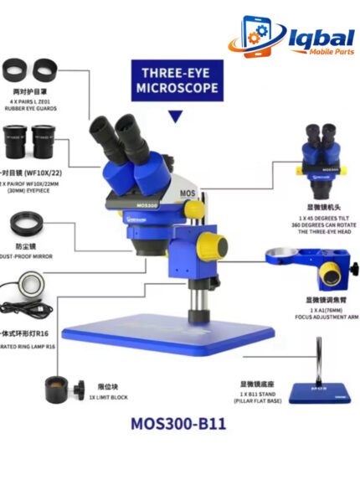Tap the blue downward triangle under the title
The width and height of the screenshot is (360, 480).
(x=175, y=116)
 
